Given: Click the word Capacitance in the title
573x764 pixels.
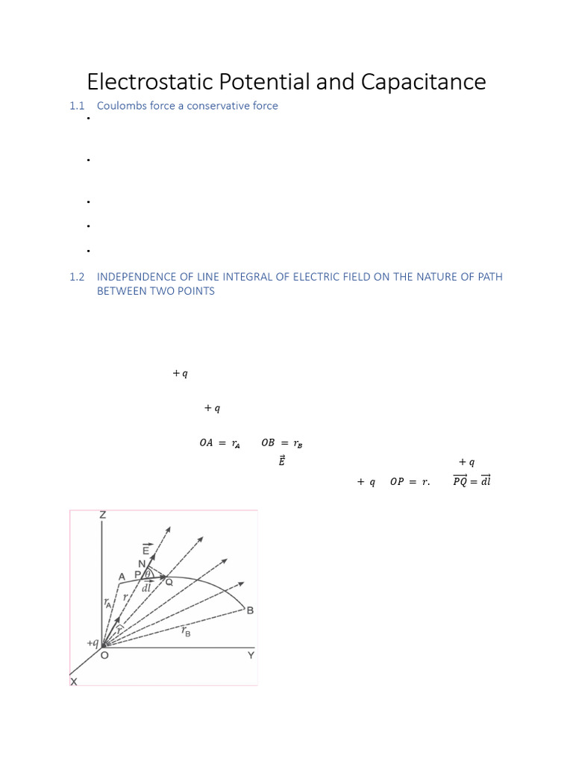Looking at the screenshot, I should point(423,81).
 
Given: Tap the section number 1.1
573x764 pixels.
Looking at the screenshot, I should point(78,106).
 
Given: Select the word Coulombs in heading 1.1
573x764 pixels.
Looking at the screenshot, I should point(121,106).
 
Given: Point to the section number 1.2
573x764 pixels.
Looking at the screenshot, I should point(78,277).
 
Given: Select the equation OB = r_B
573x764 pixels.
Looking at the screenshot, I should point(281,443).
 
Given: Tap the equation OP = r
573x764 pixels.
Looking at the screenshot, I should point(410,482).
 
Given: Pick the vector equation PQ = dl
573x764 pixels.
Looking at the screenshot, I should point(472,481).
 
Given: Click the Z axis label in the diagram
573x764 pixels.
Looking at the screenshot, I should point(103,516).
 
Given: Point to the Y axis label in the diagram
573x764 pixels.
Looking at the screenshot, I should point(251,655).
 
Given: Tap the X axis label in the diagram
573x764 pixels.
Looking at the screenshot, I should point(73,681).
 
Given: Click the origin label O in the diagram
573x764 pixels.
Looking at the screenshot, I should point(104,655).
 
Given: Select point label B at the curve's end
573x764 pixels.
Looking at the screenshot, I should point(250,611).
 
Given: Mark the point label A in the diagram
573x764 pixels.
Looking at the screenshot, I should point(122,576).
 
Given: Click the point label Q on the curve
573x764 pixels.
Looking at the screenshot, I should point(169,582).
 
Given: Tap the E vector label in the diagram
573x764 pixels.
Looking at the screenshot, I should point(146,551).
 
